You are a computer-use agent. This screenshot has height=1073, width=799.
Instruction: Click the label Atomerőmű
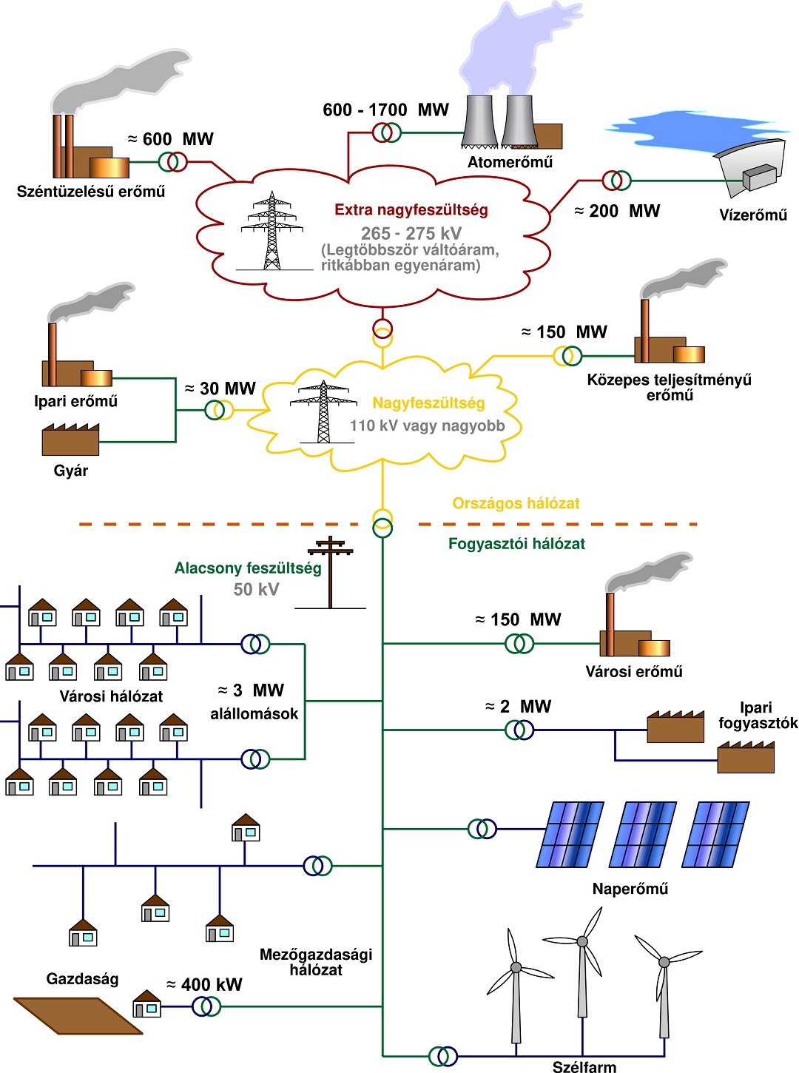(510, 162)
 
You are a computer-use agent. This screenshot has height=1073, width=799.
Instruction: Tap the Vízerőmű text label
(752, 215)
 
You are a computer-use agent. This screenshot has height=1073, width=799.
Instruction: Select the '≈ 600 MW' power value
(171, 139)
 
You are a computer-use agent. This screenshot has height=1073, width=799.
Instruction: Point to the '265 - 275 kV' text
(411, 233)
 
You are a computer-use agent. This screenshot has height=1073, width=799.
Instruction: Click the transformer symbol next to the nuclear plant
(386, 132)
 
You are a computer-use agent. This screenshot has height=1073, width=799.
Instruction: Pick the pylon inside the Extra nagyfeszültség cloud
(272, 231)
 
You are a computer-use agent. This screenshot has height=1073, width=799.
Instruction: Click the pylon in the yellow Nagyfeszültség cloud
(323, 412)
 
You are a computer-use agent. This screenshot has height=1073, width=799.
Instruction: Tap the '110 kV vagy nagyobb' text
(427, 425)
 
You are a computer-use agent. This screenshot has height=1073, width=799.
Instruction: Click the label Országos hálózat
(516, 503)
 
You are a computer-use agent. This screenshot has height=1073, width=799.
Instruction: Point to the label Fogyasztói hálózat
(516, 544)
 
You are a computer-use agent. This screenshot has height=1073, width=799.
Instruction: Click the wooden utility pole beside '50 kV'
(330, 573)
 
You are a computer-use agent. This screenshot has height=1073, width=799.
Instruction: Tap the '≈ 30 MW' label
(220, 388)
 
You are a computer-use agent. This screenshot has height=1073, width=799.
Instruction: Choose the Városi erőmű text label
(633, 672)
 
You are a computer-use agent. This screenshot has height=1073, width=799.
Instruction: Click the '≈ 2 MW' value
(518, 707)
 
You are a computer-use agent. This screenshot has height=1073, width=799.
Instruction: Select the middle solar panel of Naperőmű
(642, 834)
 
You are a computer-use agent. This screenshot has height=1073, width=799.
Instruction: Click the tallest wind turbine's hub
(582, 941)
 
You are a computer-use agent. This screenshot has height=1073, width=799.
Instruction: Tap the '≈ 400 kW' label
(204, 985)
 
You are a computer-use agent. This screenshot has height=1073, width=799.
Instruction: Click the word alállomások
(254, 714)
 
